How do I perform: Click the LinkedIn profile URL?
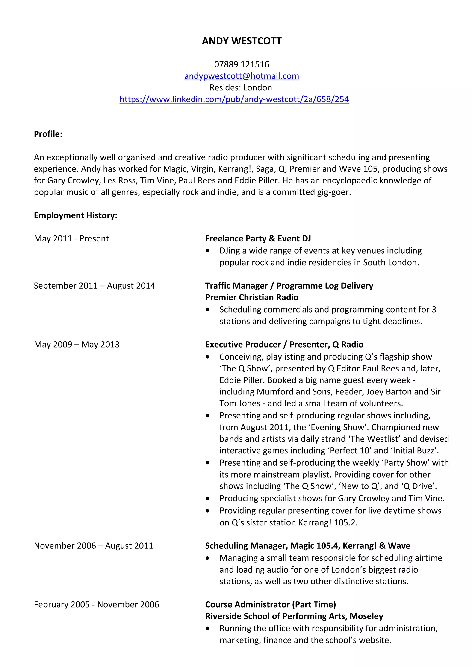coord(234,99)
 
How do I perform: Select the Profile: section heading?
coord(48,134)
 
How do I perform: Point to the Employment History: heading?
coord(76,215)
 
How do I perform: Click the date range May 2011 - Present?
coord(71,238)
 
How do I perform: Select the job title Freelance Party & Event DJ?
coord(258,238)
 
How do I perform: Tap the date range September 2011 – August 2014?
coord(94,286)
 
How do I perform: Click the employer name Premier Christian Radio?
coord(252,297)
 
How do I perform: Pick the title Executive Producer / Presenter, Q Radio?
coord(284,344)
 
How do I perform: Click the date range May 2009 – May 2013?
coord(77,344)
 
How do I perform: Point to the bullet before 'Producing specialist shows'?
coord(207,499)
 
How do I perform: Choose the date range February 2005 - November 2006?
coord(96,605)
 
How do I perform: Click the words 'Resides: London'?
coord(241,87)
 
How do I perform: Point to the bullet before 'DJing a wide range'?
coord(207,251)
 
